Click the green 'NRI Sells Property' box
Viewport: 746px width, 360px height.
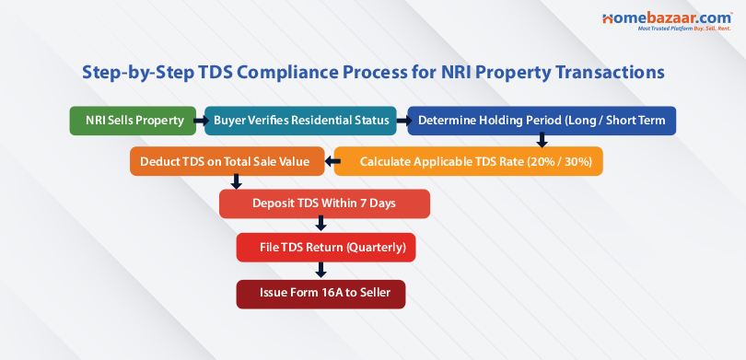click(134, 121)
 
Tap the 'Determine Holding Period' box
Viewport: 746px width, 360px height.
click(542, 121)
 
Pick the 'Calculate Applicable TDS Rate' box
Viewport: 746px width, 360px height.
click(468, 162)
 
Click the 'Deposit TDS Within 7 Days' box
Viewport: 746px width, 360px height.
click(324, 203)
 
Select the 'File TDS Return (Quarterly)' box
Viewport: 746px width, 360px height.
click(326, 247)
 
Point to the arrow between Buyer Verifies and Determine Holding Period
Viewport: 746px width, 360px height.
click(403, 121)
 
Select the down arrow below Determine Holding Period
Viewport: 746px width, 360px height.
click(542, 141)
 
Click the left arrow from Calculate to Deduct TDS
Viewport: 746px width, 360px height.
click(328, 162)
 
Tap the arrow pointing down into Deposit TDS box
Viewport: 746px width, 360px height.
click(237, 181)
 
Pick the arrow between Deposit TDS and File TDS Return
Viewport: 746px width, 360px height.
click(321, 224)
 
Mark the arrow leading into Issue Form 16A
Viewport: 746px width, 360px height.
click(321, 270)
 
